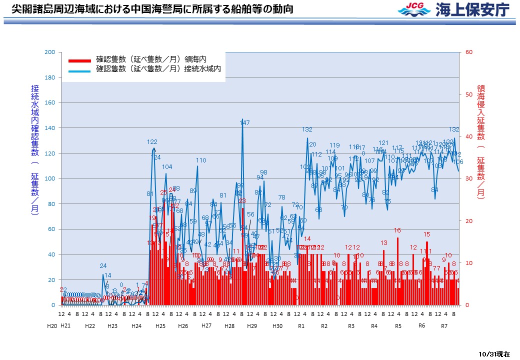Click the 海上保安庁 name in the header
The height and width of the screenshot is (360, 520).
(472, 9)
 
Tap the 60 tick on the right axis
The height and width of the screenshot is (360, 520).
(468, 52)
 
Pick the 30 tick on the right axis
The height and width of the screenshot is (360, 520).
(468, 178)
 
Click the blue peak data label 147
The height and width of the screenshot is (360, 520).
(244, 122)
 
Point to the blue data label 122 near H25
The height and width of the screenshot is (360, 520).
(152, 142)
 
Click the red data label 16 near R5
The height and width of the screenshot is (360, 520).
(397, 230)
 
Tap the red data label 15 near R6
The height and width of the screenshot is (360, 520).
(427, 234)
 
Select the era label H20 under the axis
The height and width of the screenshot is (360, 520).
(52, 326)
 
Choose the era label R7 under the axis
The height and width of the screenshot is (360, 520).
(444, 326)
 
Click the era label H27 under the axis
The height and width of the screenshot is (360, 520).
(206, 325)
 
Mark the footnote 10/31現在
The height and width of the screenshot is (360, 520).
(494, 353)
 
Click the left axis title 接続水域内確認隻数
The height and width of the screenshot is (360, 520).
(34, 150)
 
